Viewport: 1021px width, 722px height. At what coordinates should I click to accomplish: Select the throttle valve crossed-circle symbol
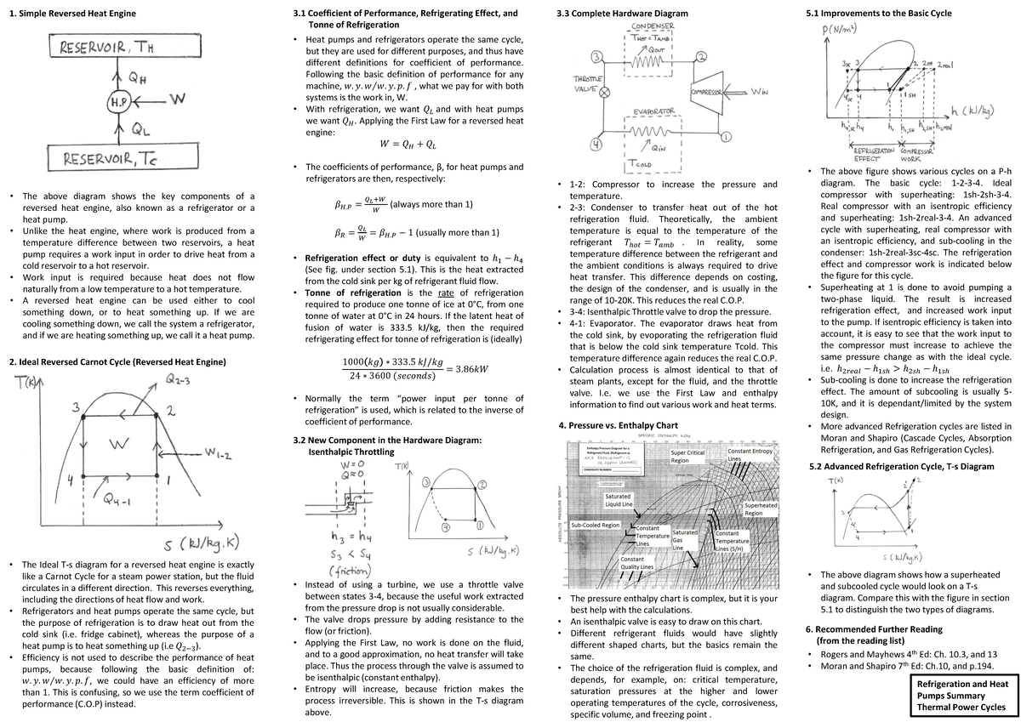tap(605, 94)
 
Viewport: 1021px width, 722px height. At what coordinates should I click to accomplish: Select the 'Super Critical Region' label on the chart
tap(688, 458)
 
